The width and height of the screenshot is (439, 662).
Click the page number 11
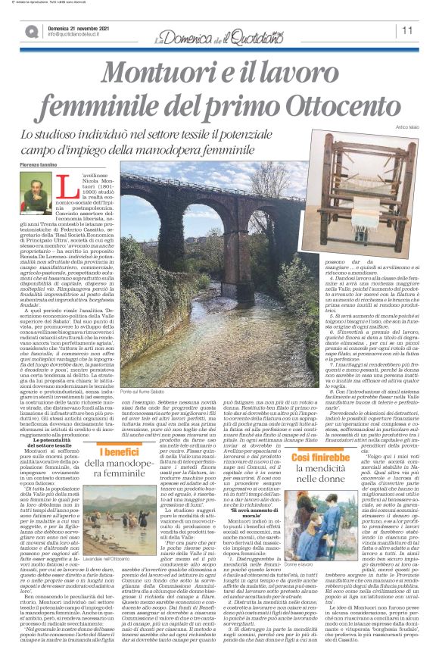pyautogui.click(x=407, y=30)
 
